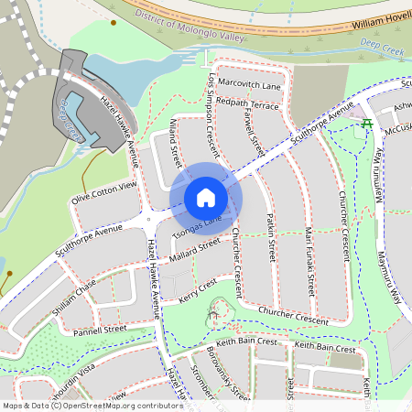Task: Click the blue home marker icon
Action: click(x=206, y=198)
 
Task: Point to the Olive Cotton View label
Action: click(x=103, y=192)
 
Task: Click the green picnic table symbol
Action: click(x=366, y=123)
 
